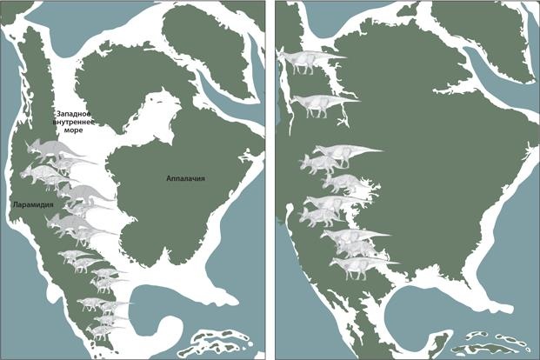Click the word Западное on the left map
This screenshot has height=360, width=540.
(x=77, y=113)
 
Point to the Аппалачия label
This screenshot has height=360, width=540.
(x=185, y=178)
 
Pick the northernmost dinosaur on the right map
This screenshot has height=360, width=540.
(x=310, y=60)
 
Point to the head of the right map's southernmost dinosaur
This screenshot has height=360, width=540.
(x=336, y=260)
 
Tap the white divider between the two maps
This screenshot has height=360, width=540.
(x=270, y=180)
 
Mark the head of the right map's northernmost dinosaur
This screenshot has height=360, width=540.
(x=283, y=57)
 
